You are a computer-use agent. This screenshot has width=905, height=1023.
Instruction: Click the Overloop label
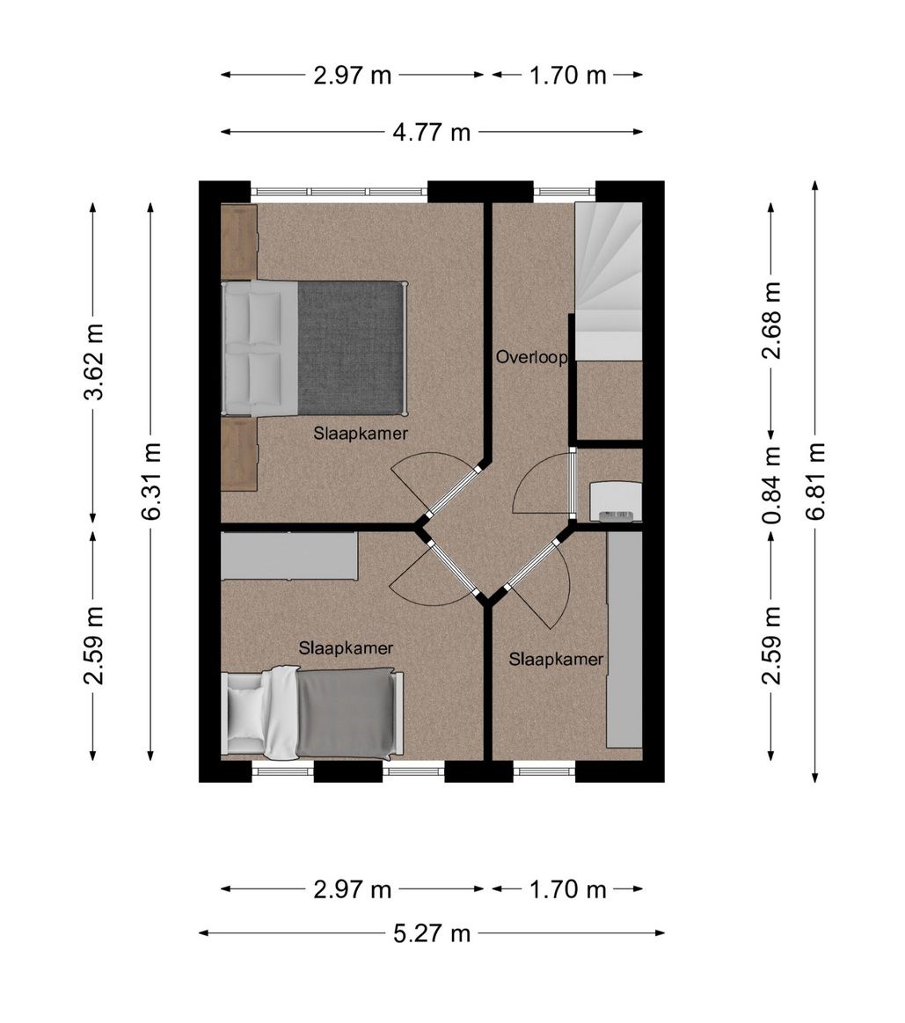pyautogui.click(x=531, y=357)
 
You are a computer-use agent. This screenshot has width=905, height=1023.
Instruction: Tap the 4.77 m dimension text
pyautogui.click(x=431, y=133)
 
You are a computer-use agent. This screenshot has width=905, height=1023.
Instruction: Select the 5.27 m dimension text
pyautogui.click(x=431, y=933)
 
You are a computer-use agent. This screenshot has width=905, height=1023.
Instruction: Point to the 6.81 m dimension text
pyautogui.click(x=815, y=481)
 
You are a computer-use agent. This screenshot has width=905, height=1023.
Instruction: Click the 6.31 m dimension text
pyautogui.click(x=150, y=481)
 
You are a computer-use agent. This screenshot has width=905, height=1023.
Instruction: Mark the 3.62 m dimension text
pyautogui.click(x=93, y=362)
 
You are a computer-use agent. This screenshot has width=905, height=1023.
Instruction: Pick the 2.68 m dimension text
pyautogui.click(x=772, y=320)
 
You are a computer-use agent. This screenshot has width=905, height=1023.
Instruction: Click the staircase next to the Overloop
pyautogui.click(x=608, y=281)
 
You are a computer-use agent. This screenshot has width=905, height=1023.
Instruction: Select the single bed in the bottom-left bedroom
pyautogui.click(x=312, y=713)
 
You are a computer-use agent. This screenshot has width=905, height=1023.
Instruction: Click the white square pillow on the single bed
pyautogui.click(x=246, y=712)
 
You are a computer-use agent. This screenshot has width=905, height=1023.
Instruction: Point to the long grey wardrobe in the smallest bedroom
pyautogui.click(x=624, y=639)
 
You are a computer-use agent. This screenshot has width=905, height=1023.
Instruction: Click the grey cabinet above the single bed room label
pyautogui.click(x=289, y=556)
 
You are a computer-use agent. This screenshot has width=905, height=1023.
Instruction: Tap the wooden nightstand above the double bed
pyautogui.click(x=239, y=241)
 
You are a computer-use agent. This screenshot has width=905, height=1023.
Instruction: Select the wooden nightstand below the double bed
pyautogui.click(x=239, y=455)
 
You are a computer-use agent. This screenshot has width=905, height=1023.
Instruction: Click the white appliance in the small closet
pyautogui.click(x=616, y=501)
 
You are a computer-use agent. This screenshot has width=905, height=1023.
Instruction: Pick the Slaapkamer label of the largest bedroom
pyautogui.click(x=361, y=433)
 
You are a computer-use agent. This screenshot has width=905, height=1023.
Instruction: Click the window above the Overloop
pyautogui.click(x=565, y=192)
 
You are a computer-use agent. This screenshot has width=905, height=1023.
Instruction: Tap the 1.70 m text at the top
pyautogui.click(x=567, y=76)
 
